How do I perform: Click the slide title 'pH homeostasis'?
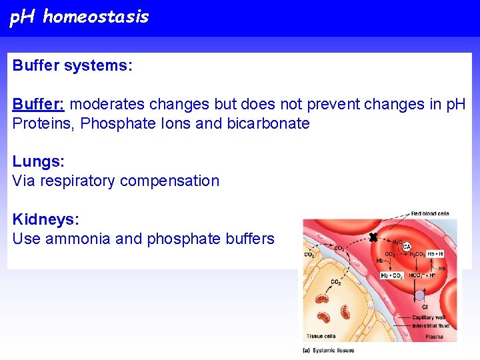pos(79,17)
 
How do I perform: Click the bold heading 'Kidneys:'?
pos(44,219)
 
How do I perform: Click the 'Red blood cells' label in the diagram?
pos(430,214)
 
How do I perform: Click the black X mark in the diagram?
pos(373,237)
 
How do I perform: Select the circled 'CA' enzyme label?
pos(406,247)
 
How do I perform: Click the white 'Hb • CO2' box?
pos(392,275)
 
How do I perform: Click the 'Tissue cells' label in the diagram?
pos(321,336)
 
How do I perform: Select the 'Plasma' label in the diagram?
pos(434,336)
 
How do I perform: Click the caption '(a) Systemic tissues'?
pos(329,350)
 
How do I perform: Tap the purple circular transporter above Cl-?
pos(419,295)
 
